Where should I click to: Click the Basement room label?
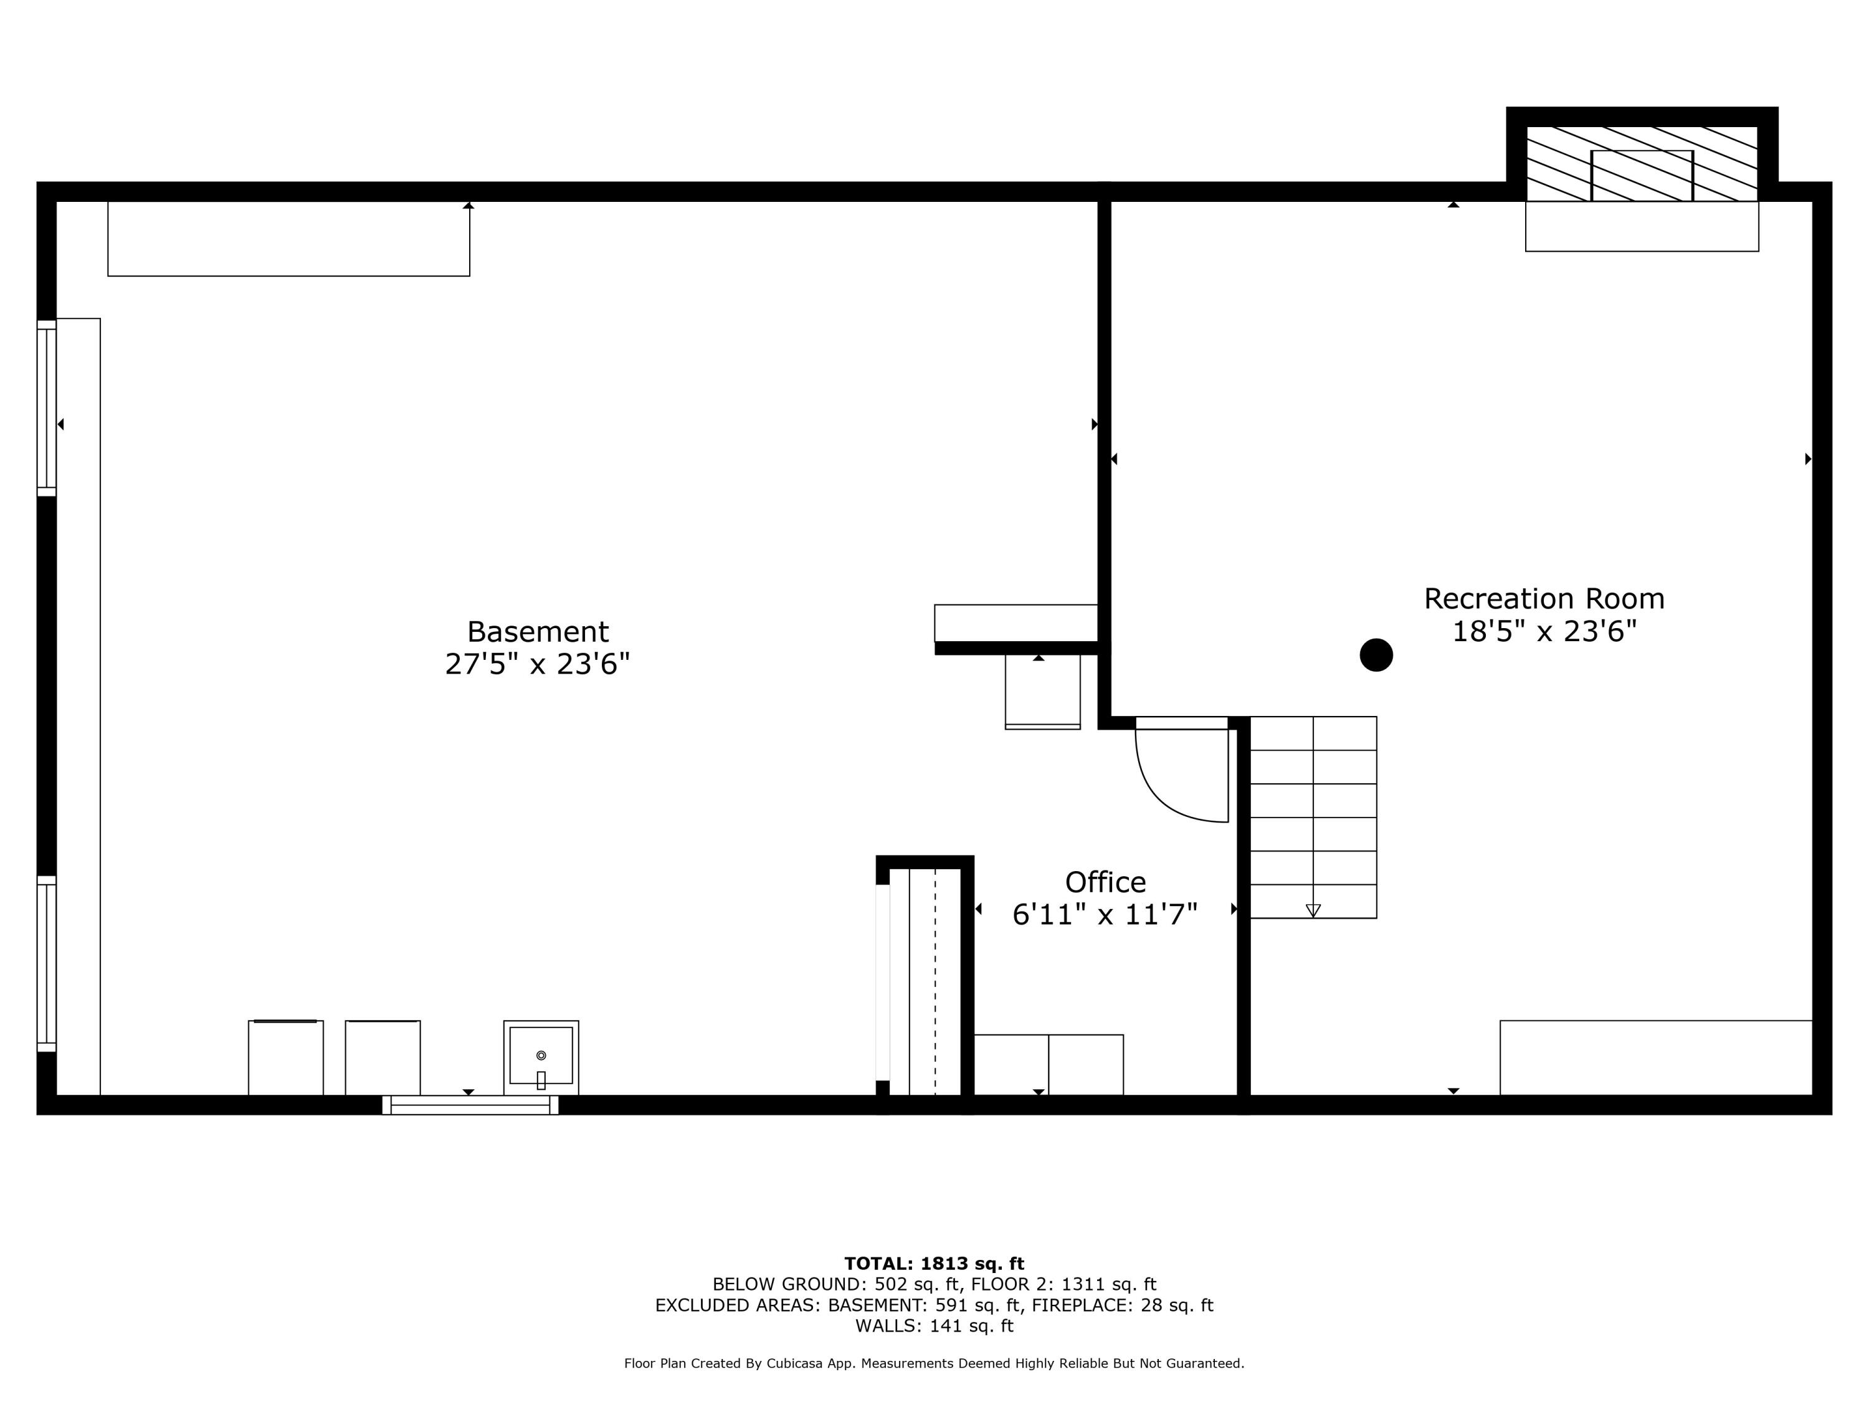[538, 632]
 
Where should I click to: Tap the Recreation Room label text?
[1544, 598]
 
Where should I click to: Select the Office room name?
[1105, 882]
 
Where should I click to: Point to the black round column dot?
[1376, 655]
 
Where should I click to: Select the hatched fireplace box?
[1641, 164]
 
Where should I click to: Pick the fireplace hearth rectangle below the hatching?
[1641, 226]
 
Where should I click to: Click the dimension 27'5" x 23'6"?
[538, 664]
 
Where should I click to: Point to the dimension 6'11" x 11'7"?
[1105, 914]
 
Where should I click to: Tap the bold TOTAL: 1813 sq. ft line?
[934, 1264]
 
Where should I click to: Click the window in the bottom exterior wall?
[470, 1105]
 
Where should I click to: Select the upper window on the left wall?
[47, 408]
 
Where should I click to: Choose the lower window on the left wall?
[47, 963]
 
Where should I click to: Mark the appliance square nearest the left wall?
[285, 1058]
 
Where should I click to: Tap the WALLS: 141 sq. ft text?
[934, 1326]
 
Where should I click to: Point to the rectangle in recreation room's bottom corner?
[1655, 1057]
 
